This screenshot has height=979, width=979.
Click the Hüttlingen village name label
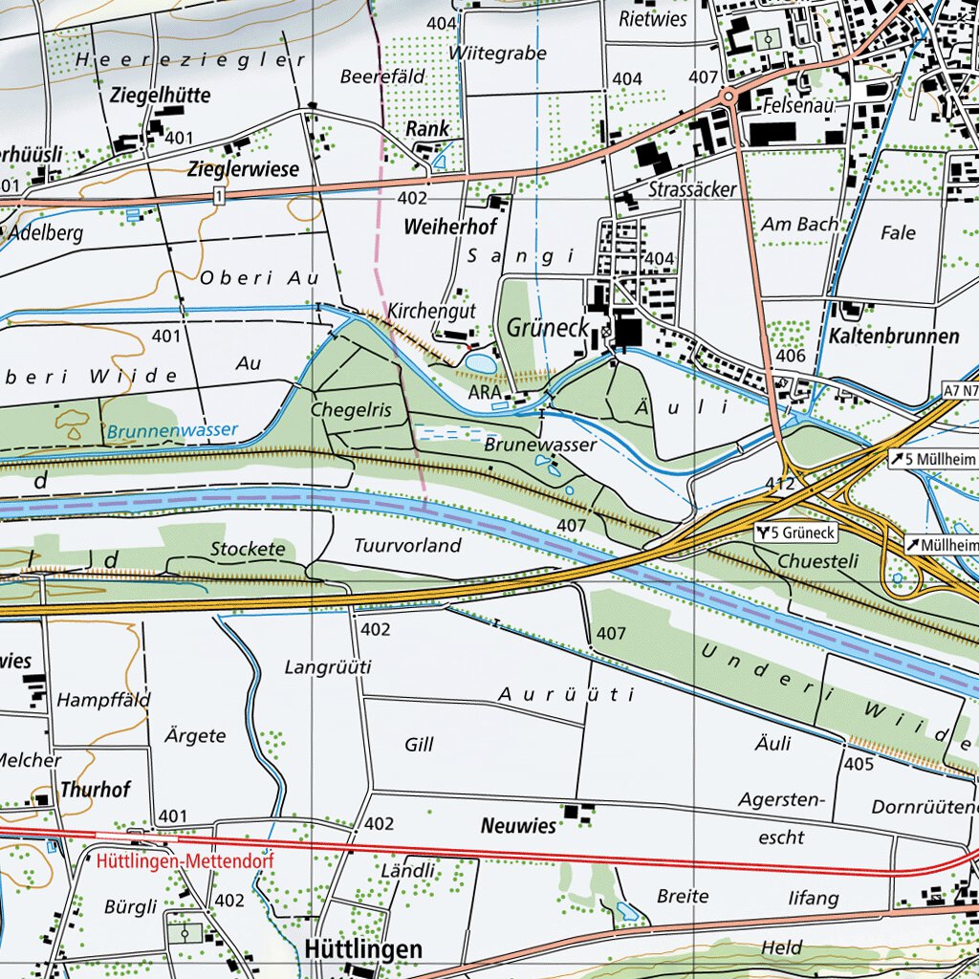tap(363, 949)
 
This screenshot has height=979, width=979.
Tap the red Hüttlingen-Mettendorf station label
tap(185, 861)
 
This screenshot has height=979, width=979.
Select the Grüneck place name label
tap(547, 327)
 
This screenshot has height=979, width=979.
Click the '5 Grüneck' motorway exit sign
tap(795, 533)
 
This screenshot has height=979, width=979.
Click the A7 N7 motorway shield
tap(960, 390)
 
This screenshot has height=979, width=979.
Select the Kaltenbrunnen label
tap(895, 337)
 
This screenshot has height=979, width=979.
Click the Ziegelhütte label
tap(161, 96)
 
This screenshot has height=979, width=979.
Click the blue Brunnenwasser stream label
tap(172, 430)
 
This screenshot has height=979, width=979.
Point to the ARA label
tap(485, 392)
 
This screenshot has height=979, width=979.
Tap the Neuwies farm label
tap(518, 825)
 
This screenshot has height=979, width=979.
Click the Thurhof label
tap(95, 790)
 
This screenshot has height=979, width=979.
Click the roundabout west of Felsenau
tap(729, 97)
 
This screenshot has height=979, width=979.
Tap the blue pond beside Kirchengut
tap(481, 362)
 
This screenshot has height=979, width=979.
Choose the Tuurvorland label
tap(407, 546)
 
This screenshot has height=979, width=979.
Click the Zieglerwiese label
tap(243, 169)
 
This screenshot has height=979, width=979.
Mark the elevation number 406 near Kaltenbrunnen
tap(792, 356)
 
